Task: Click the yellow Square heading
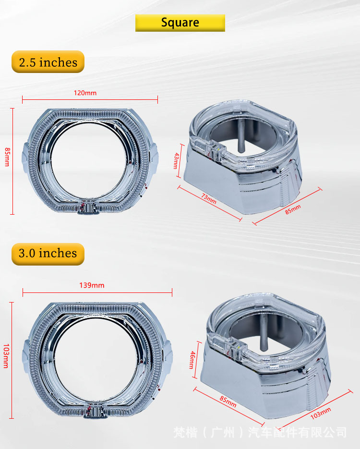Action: click(x=180, y=23)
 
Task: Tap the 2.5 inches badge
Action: click(x=48, y=62)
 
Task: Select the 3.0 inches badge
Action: click(x=48, y=254)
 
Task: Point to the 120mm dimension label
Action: click(x=85, y=93)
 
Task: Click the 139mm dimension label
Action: click(x=92, y=286)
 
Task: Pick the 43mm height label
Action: click(x=176, y=161)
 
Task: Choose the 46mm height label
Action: click(x=192, y=360)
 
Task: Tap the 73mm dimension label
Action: click(x=209, y=199)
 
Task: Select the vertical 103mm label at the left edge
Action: click(x=6, y=356)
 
